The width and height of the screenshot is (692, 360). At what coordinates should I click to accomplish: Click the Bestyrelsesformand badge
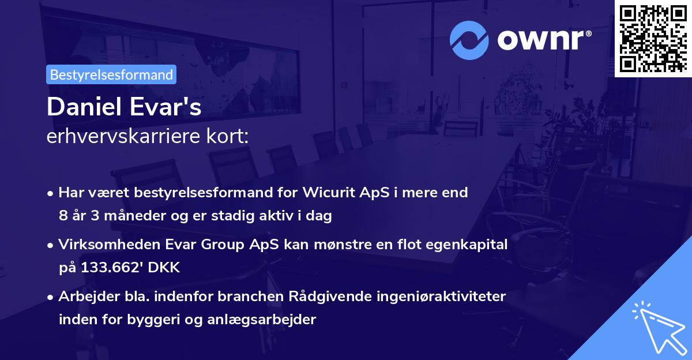pos(111,74)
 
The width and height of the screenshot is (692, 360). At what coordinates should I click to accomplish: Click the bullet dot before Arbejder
pos(51,297)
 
